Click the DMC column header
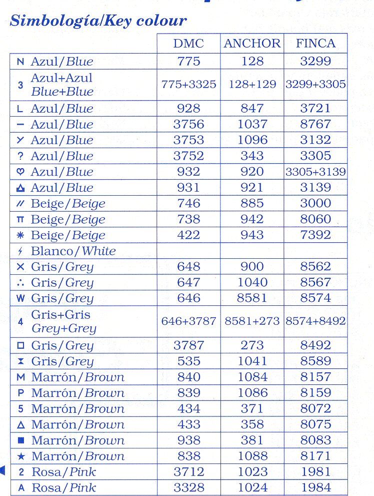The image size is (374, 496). [x=188, y=44]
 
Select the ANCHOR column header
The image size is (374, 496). [x=252, y=44]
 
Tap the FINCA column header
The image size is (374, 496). [x=315, y=44]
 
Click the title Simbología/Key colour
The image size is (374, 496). [x=98, y=21]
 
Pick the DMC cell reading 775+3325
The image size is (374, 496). [x=188, y=85]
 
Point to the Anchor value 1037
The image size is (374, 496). [x=252, y=124]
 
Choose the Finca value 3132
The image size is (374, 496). [x=315, y=140]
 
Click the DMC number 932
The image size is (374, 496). [x=188, y=172]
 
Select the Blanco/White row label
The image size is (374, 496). [x=73, y=251]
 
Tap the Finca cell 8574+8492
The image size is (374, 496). [x=315, y=321]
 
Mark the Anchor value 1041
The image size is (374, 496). [x=252, y=361]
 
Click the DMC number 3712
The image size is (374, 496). [x=188, y=471]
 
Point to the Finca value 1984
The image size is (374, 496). [x=315, y=487]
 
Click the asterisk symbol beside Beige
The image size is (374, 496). [x=20, y=235]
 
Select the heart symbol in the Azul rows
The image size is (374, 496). [x=20, y=172]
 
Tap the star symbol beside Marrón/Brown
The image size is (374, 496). [x=20, y=456]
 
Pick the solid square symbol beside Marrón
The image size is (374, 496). [x=20, y=440]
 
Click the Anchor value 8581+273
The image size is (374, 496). [x=252, y=321]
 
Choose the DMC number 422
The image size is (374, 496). [x=188, y=235]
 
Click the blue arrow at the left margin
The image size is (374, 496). [x=2, y=470]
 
